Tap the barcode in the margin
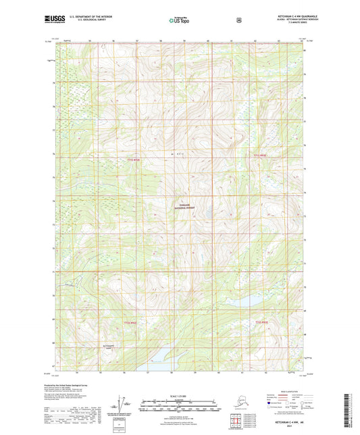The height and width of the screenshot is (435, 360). click(x=354, y=412)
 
